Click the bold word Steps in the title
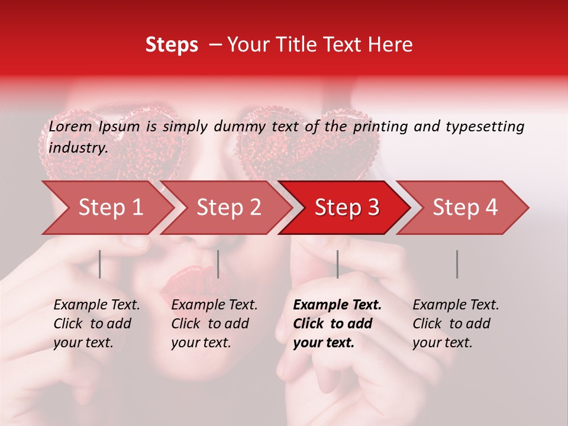point(172,45)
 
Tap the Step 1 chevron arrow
point(106,208)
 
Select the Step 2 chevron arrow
point(227,208)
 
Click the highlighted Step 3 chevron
point(346,208)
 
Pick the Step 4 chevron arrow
point(464,208)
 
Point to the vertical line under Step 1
point(99,264)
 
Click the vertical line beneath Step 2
point(218,264)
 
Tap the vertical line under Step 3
point(337,264)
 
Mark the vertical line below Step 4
point(457,264)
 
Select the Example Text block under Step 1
point(96,324)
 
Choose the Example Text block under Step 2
point(214,324)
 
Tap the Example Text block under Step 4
point(456,324)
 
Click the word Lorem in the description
point(70,127)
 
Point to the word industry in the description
point(78,148)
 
